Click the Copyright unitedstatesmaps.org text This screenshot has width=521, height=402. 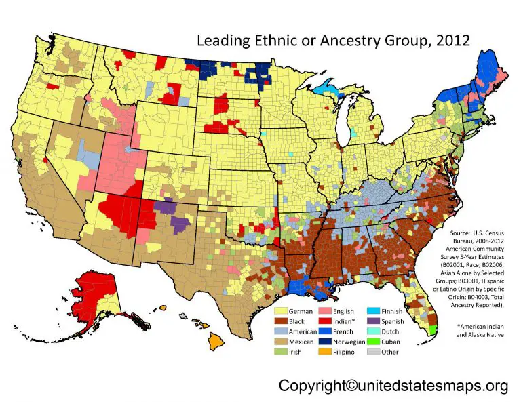[393, 386]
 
